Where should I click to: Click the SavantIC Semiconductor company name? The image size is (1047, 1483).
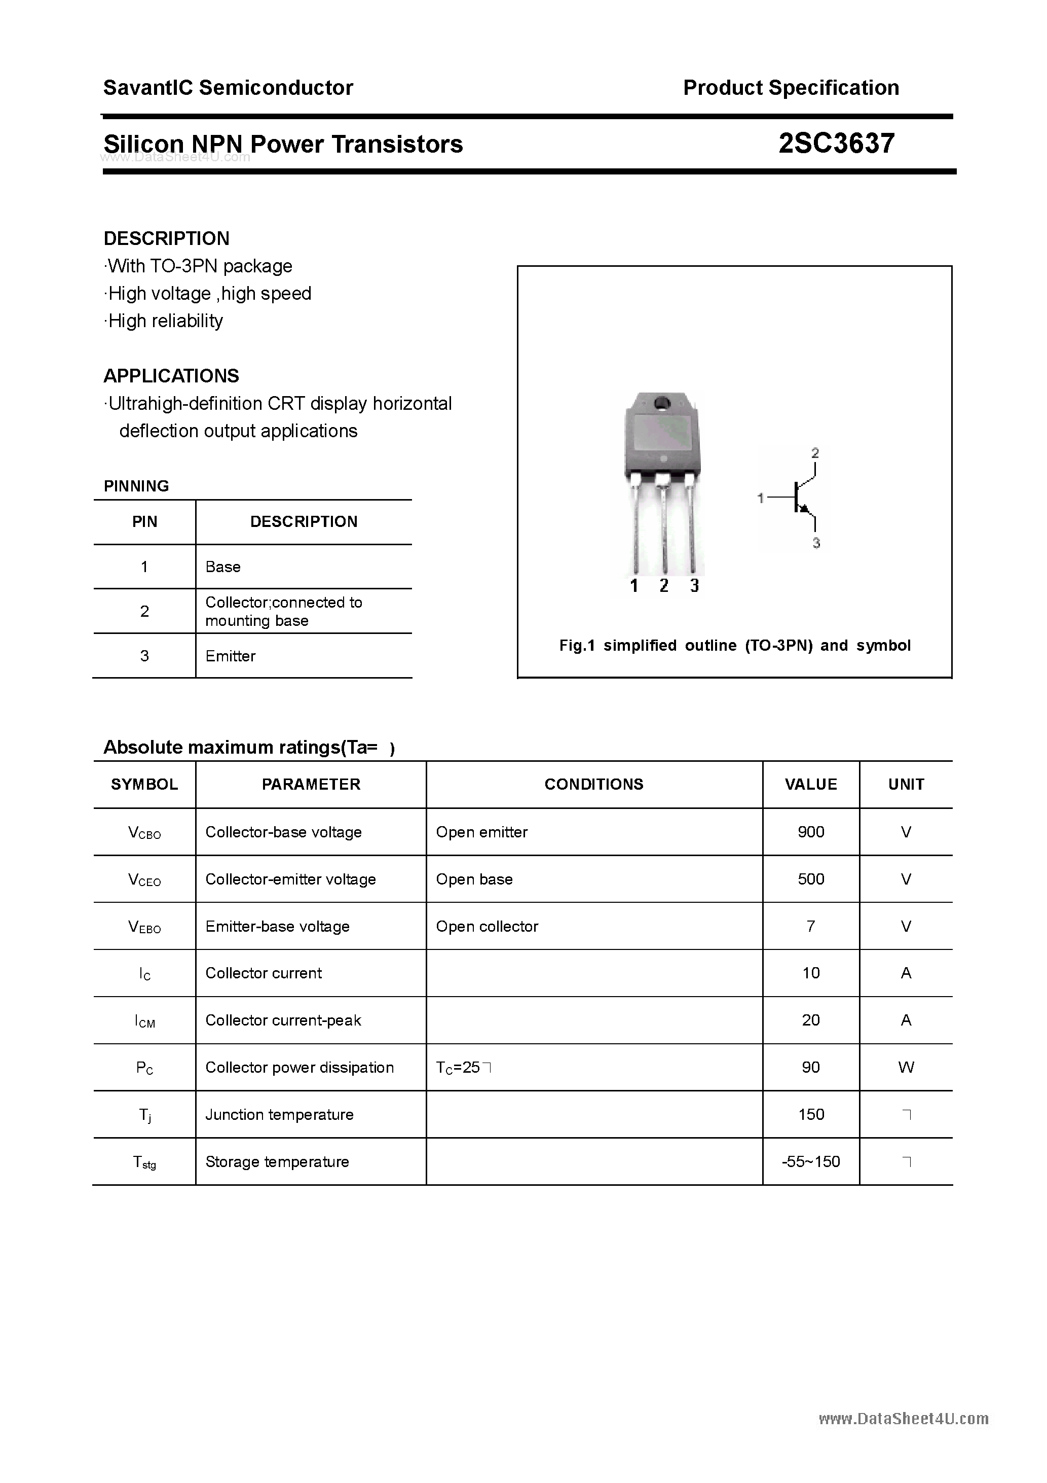click(x=228, y=88)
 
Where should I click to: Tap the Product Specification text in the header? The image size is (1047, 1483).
click(x=791, y=88)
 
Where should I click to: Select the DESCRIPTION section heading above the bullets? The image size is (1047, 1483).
click(x=167, y=238)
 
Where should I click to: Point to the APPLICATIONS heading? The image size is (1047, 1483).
click(x=171, y=376)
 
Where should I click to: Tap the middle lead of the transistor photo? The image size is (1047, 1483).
click(x=663, y=526)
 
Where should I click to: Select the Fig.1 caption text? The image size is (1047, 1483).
click(x=735, y=645)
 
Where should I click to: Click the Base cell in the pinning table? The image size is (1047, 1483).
click(x=222, y=567)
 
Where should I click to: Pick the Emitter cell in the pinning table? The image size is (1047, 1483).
click(x=231, y=656)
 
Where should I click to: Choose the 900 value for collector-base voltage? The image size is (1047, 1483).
click(x=811, y=832)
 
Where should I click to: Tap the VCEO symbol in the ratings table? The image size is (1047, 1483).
click(x=144, y=880)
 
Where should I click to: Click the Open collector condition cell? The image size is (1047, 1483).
click(x=487, y=926)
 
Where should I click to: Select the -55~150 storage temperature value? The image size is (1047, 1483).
click(x=811, y=1162)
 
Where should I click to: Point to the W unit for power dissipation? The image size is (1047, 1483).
click(x=906, y=1068)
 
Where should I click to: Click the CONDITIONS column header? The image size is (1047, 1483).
click(x=594, y=784)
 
